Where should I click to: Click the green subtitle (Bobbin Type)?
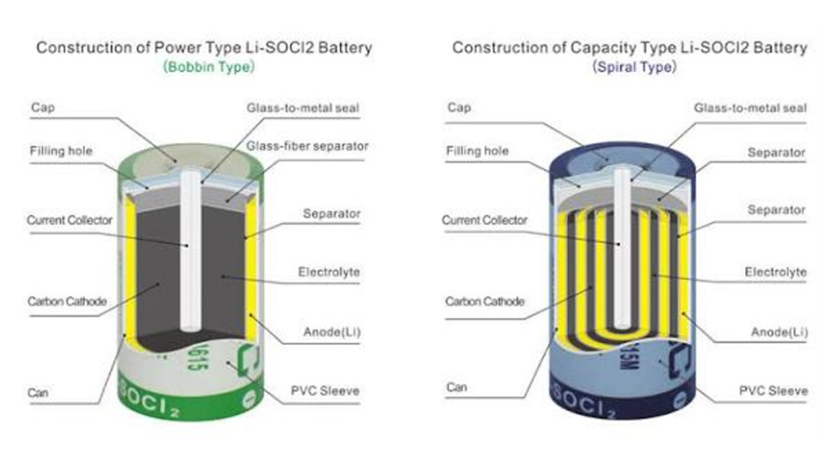(x=202, y=67)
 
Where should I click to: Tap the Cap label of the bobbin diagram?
(x=43, y=107)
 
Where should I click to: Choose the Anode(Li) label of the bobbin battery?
(x=328, y=332)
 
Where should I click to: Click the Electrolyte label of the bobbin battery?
(x=329, y=272)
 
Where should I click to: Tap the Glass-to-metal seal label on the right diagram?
(x=750, y=107)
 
